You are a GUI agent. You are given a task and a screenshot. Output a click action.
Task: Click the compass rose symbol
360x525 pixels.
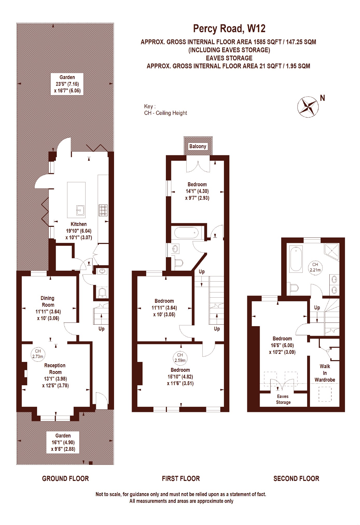pos(308,107)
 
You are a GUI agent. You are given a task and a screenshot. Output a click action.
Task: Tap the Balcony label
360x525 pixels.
pos(197,146)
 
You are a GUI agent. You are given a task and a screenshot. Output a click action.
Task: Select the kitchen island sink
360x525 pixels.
pos(80,210)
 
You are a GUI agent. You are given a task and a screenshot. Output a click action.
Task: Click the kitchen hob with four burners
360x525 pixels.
pos(103,210)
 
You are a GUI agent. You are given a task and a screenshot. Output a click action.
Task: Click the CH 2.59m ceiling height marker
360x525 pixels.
pos(180,358)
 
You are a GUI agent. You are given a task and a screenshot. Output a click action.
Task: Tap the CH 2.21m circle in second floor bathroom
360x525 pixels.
pos(315,267)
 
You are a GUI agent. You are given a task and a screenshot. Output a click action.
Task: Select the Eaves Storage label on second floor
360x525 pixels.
pos(283,399)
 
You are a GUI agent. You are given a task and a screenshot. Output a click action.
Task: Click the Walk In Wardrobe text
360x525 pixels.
pos(325,373)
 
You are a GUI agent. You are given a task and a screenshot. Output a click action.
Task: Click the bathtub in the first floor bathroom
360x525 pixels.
pos(186,233)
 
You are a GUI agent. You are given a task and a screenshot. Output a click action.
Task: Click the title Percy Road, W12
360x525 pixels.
pos(229,28)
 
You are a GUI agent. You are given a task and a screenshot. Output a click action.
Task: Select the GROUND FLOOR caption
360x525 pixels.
pos(65,479)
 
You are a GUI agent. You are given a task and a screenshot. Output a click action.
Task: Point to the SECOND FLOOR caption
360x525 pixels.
pos(296,479)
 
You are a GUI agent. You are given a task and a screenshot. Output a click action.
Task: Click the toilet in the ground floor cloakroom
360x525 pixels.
pos(103,292)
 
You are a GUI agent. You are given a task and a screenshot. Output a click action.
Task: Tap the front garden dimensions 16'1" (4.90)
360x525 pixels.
pos(63,442)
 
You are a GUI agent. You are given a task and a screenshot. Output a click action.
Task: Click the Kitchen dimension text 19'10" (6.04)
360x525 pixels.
pos(79,231)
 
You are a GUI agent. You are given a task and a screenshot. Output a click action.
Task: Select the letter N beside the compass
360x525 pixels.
pos(322,98)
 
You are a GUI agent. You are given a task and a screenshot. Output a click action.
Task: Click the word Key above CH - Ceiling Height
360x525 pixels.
pos(149,106)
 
